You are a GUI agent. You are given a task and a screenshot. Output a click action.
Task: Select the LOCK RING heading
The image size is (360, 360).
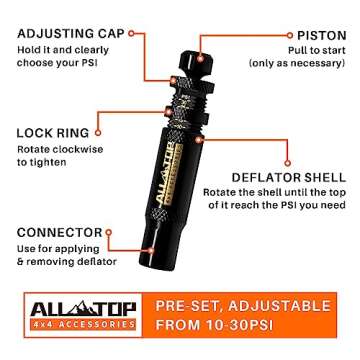pos(54,131)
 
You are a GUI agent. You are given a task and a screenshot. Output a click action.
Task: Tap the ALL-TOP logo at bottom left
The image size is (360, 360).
pos(79,304)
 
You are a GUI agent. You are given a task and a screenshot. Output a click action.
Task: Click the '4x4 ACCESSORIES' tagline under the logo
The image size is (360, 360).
pos(79,325)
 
